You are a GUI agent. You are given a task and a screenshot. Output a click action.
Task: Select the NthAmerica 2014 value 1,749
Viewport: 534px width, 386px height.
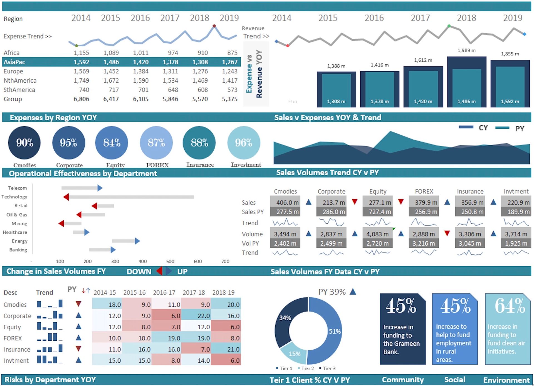[81, 81]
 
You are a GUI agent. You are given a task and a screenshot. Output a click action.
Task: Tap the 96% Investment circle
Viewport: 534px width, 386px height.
[244, 143]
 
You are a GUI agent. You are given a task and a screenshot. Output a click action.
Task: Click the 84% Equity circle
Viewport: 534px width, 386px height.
[112, 143]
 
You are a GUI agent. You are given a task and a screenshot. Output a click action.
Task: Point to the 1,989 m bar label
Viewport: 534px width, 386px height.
[466, 50]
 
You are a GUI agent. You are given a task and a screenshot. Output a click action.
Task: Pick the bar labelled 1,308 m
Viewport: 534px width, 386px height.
[336, 90]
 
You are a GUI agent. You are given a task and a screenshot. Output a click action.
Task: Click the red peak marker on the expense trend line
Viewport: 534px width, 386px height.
[214, 26]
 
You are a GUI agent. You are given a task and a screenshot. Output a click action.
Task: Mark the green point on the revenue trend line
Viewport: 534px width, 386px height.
[449, 26]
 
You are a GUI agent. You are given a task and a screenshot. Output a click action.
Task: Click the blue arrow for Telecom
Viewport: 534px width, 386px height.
[100, 188]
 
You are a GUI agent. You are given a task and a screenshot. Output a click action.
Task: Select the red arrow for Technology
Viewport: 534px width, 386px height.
[66, 197]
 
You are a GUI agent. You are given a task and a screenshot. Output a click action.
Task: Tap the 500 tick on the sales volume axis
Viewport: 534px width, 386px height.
[170, 261]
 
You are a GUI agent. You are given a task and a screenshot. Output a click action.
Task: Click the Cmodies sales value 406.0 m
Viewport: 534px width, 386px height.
[285, 202]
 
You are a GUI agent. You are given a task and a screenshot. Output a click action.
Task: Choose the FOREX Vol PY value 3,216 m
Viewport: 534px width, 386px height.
[424, 244]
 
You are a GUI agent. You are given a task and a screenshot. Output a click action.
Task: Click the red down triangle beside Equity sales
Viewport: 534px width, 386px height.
[401, 202]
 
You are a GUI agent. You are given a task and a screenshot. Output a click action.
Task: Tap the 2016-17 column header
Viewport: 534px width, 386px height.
[164, 293]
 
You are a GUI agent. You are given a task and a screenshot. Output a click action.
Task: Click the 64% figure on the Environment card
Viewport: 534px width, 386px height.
[510, 306]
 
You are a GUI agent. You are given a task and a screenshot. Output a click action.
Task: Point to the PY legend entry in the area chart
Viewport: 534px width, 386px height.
[519, 128]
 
